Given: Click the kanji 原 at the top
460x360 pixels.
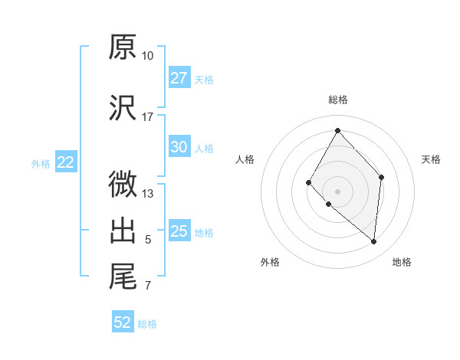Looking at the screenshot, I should coord(123,47).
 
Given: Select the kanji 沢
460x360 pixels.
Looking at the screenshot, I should coord(123,108).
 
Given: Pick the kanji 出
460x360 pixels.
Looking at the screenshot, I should coord(123,231).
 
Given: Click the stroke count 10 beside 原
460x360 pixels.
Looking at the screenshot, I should coord(148,56).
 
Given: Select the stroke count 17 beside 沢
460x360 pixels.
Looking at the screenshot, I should coord(148,117).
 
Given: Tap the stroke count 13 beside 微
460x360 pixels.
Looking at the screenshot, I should coord(148,194).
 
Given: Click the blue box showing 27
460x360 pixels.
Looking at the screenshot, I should coord(179,78).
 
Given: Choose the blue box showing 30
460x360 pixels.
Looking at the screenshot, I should coord(179,147).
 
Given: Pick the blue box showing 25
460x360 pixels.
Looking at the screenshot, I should coord(179,231).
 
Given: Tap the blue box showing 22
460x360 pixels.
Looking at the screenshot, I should coord(66,162).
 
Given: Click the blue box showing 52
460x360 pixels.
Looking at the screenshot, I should coord(123,322).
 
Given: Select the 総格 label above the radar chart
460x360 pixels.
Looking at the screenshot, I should coord(337,100).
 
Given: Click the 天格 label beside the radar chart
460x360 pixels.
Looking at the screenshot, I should coord(432,159).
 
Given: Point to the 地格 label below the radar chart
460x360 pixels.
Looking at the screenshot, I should coord(402,262).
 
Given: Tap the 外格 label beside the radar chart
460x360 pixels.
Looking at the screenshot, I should coord(270,262).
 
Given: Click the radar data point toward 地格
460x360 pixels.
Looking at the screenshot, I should coord(374,241).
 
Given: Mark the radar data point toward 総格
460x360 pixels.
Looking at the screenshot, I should coord(337,129).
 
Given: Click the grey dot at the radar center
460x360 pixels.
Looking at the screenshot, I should coord(337,191).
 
